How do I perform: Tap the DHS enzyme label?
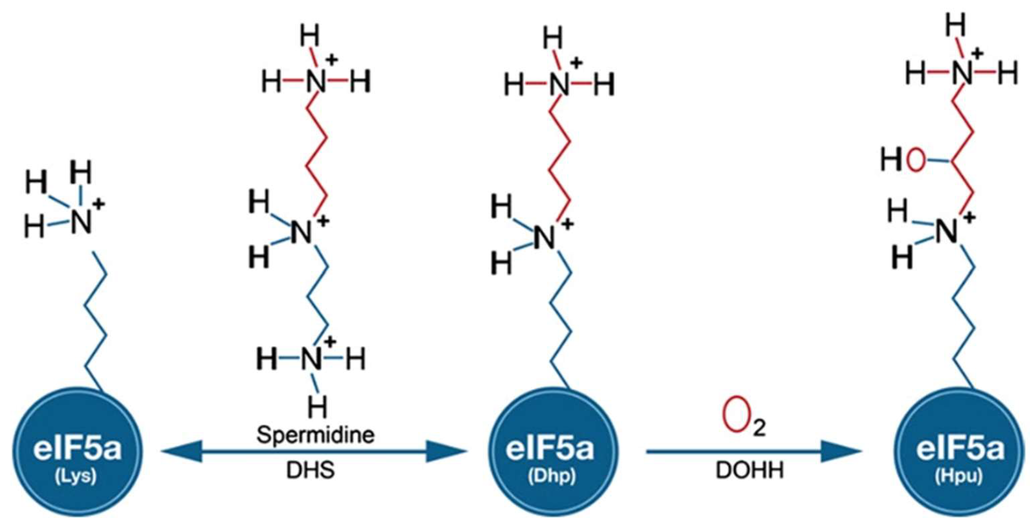(310, 470)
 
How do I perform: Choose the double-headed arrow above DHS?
(314, 452)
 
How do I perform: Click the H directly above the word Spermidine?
(318, 407)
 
